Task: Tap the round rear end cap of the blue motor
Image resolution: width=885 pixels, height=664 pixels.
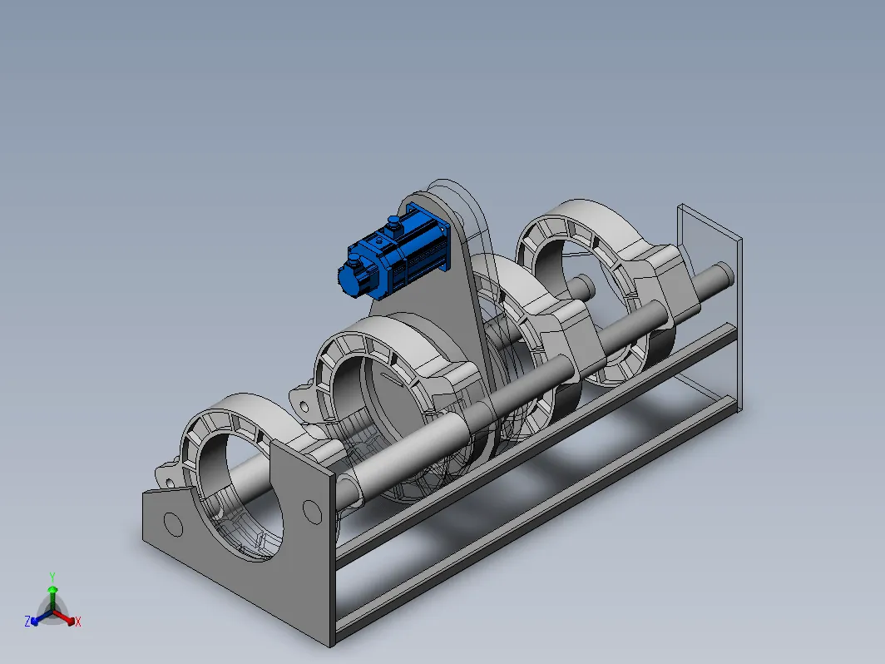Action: pyautogui.click(x=347, y=279)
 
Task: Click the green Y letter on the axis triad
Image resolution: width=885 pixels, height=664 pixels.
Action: pyautogui.click(x=52, y=577)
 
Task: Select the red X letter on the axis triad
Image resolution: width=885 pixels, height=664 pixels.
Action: pyautogui.click(x=78, y=622)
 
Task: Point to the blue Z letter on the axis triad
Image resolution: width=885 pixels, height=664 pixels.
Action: pyautogui.click(x=27, y=621)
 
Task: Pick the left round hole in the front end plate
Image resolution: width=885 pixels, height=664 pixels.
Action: pyautogui.click(x=173, y=524)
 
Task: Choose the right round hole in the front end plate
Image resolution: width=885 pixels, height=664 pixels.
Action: pyautogui.click(x=312, y=512)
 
